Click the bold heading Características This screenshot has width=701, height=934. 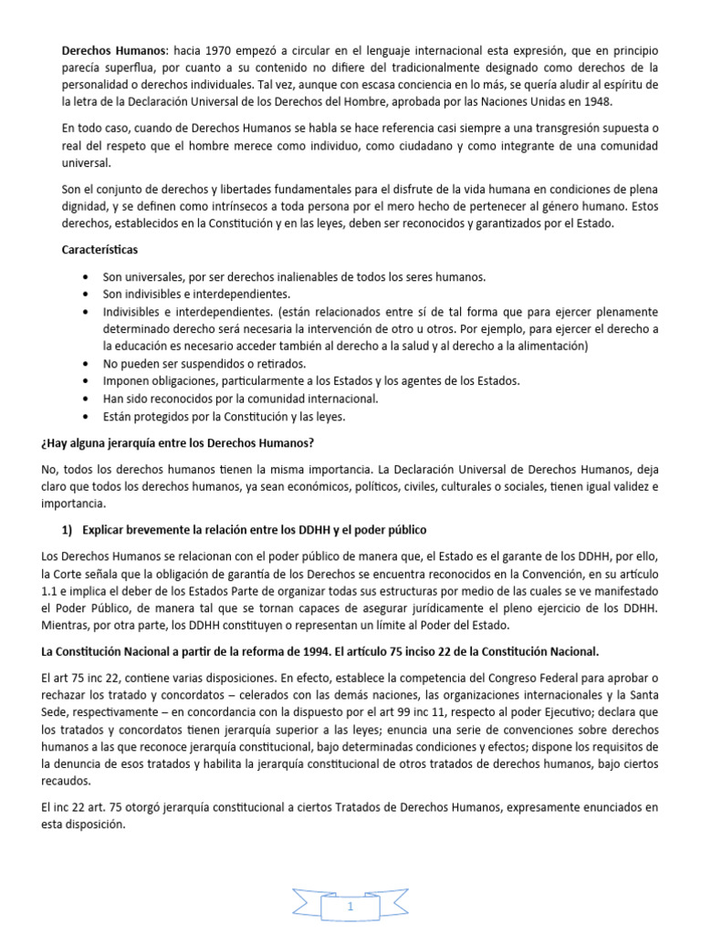click(99, 249)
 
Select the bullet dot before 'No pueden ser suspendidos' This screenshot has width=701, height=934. click(86, 363)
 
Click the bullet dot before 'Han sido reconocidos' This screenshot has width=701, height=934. click(86, 399)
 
